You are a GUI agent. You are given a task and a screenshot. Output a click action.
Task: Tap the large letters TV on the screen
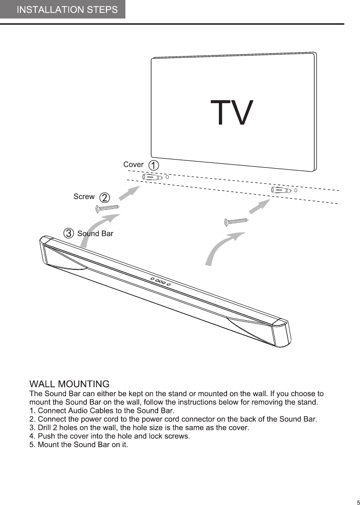(231, 113)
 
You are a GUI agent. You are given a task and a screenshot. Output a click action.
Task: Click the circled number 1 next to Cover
(154, 165)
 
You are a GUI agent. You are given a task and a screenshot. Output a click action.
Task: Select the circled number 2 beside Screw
(105, 197)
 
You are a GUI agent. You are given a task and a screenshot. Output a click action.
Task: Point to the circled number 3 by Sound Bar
(69, 233)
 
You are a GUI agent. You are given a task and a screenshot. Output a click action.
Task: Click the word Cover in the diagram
(133, 165)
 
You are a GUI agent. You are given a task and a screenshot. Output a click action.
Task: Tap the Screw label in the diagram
(84, 197)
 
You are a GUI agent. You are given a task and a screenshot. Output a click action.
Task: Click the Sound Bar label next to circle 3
(95, 234)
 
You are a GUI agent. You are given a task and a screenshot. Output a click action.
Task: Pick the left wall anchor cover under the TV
(152, 177)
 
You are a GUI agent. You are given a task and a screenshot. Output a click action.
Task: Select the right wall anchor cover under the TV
(281, 190)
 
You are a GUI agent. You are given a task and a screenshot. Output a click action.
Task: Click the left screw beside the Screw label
(107, 208)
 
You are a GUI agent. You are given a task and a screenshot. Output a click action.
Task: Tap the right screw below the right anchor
(236, 221)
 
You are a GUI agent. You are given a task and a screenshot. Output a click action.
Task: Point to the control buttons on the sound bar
(160, 281)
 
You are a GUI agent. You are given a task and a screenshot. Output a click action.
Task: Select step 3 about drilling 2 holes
(139, 428)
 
